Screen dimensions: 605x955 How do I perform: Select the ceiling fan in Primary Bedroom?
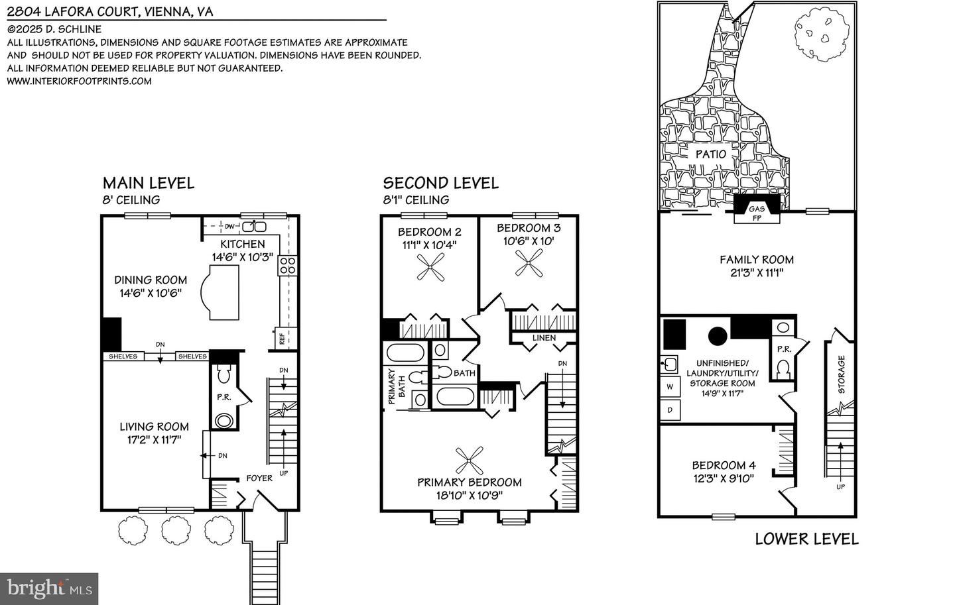[470, 458]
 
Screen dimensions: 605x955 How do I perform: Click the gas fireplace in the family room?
[757, 211]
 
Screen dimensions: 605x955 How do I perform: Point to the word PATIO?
[710, 154]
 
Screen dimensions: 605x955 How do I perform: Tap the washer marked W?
[670, 386]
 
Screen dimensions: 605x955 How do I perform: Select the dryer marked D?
[670, 410]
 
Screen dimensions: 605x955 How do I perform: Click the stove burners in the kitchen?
[286, 265]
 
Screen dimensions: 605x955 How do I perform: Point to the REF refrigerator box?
[282, 339]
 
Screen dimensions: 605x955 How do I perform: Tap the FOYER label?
[259, 478]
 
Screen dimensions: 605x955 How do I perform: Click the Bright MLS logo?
[49, 588]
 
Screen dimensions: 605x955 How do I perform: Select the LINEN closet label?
[544, 338]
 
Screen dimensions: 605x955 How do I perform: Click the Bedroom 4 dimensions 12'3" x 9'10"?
[724, 478]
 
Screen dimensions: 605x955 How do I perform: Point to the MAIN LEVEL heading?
[148, 183]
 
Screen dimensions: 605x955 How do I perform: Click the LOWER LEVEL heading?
[806, 539]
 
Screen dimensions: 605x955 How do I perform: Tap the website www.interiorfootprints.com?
[79, 81]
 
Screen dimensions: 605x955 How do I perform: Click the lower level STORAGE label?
[841, 375]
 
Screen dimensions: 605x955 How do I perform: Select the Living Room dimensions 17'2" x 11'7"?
[155, 439]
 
